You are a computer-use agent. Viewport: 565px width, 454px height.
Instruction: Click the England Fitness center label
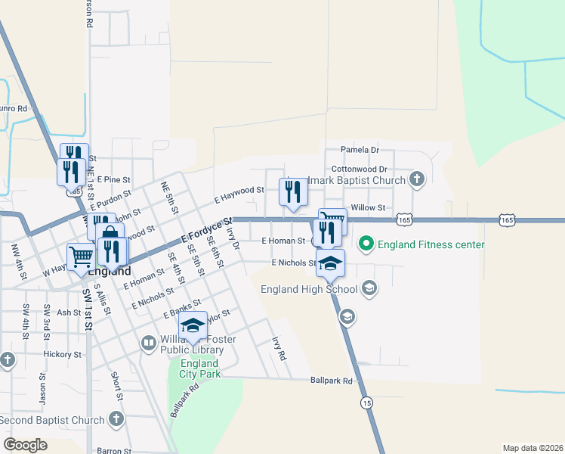(431, 244)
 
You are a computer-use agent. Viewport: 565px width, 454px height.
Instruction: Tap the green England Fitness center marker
(366, 244)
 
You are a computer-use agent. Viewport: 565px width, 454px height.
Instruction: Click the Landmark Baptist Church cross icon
(416, 179)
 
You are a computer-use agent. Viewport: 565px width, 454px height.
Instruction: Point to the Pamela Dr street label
(359, 150)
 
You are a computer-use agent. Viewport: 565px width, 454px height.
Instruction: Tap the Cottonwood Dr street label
(359, 169)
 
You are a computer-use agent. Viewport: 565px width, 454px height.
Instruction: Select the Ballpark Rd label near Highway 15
(332, 381)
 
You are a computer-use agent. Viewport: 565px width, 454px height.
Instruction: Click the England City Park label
(199, 368)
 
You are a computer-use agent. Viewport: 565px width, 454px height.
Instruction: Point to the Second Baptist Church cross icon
(116, 418)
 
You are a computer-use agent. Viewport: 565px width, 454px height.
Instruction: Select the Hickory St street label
(62, 354)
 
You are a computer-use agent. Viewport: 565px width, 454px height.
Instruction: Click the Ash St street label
(68, 312)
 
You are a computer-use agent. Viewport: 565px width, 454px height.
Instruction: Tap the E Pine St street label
(113, 179)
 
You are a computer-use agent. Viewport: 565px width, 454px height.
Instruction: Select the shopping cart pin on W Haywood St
(79, 257)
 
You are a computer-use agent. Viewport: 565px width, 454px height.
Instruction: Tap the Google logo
(26, 444)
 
